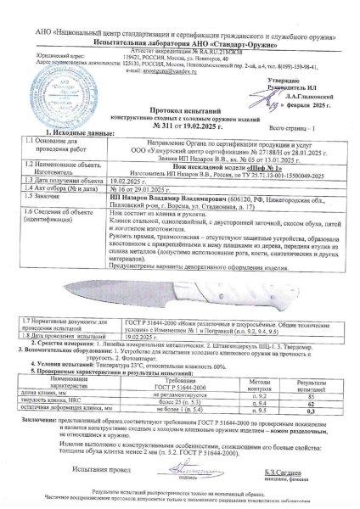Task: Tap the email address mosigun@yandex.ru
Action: [x=152, y=51]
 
